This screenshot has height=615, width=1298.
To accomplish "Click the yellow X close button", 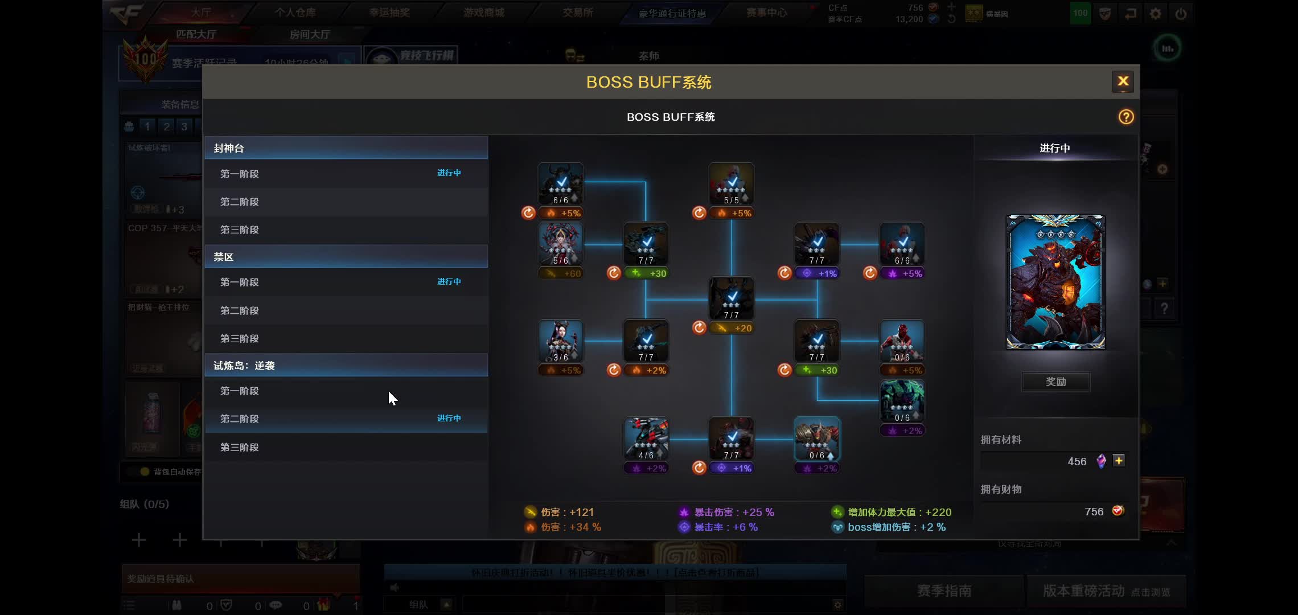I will point(1123,81).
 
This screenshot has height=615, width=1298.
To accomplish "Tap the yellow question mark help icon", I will point(1126,117).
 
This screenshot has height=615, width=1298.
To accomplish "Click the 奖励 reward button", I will point(1055,382).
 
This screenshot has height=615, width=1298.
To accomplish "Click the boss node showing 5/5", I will point(731,183).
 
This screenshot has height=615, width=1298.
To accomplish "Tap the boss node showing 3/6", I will point(560,341).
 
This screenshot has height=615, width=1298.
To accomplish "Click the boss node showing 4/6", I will point(646,438).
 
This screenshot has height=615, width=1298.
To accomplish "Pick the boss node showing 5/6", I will point(560,244).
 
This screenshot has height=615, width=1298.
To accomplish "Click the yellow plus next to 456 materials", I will point(1119,461).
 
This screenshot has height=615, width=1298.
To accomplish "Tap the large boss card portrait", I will point(1055,282).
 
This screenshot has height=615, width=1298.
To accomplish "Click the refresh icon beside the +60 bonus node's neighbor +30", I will point(614,273).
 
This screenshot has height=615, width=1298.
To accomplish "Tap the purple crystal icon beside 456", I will point(1101,461).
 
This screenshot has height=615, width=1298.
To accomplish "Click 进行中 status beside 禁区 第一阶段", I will point(449,282).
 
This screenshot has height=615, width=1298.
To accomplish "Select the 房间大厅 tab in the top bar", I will point(309,35).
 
